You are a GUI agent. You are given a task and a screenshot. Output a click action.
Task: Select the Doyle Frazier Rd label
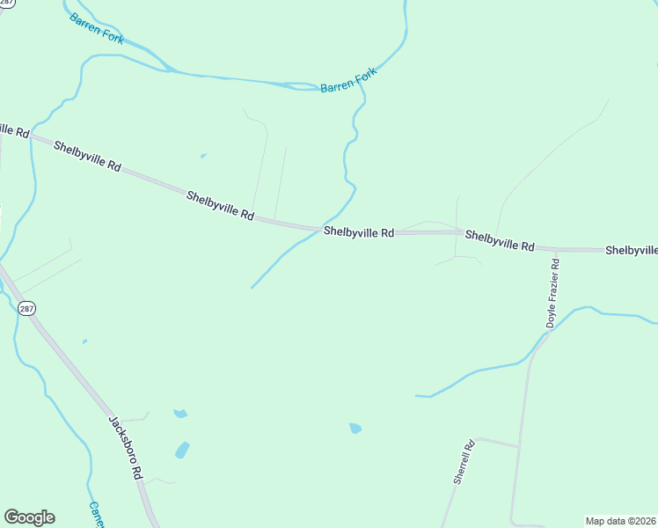tap(552, 293)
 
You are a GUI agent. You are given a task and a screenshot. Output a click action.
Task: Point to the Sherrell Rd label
tap(464, 462)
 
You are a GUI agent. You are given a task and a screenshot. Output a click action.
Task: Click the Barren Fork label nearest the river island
tap(348, 81)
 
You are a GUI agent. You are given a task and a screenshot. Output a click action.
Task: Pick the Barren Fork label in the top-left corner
tap(97, 28)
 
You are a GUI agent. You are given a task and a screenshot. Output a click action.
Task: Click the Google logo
tap(29, 517)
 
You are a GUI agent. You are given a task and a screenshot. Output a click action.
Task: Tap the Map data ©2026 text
tap(621, 521)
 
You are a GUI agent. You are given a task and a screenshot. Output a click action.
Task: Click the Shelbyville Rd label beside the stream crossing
tap(358, 232)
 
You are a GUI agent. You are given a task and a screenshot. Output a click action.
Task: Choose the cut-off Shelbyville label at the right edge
tap(631, 251)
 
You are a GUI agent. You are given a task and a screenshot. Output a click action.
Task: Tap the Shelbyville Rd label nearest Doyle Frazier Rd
tap(500, 240)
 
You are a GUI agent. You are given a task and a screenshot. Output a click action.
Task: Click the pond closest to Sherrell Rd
tap(355, 429)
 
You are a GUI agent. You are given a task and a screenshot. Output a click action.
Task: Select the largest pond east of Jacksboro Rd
tap(183, 451)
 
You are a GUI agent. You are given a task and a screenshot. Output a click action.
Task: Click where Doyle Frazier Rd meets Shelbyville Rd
tap(556, 249)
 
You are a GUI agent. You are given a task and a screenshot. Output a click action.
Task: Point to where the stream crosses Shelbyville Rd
tap(319, 228)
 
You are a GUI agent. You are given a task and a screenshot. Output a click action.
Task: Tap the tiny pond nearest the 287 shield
tap(84, 341)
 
